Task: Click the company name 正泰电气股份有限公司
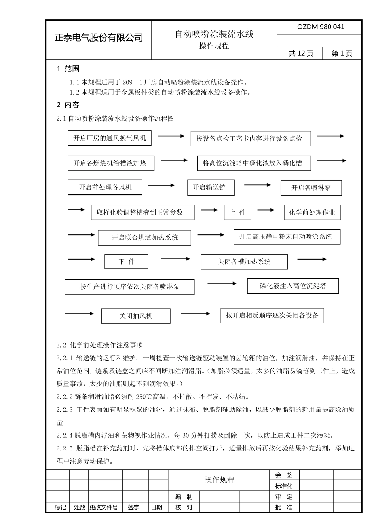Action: point(98,38)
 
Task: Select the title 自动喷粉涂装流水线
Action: point(214,34)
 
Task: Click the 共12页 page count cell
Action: point(301,53)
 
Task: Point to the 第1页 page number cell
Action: point(342,53)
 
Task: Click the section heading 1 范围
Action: point(68,68)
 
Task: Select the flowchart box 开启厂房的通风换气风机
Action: point(110,138)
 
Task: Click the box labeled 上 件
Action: point(237,212)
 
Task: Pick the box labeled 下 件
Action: point(126,262)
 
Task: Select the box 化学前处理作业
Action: point(312,213)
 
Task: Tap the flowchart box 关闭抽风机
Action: point(136,316)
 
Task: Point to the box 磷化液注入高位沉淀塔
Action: point(293,286)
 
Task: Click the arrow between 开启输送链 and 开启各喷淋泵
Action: point(257,185)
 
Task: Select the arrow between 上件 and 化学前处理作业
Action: point(265,210)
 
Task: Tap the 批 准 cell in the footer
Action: point(284,507)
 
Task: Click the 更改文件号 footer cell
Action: point(104,507)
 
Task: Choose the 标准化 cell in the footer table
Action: point(284,486)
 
